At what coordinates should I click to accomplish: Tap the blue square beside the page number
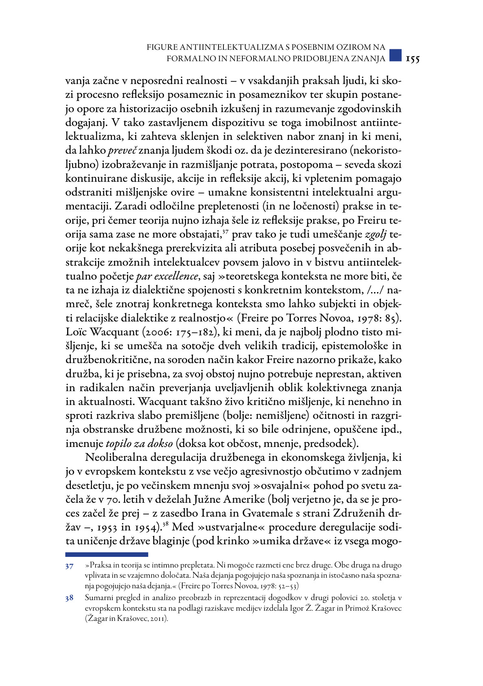click(x=395, y=56)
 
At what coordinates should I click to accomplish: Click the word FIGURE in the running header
click(x=162, y=47)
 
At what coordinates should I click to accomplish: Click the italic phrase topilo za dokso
click(x=140, y=443)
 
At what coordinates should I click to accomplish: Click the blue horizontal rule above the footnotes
click(x=107, y=554)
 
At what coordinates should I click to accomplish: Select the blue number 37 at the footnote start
click(x=69, y=566)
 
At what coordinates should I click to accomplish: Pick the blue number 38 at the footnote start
click(x=69, y=598)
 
